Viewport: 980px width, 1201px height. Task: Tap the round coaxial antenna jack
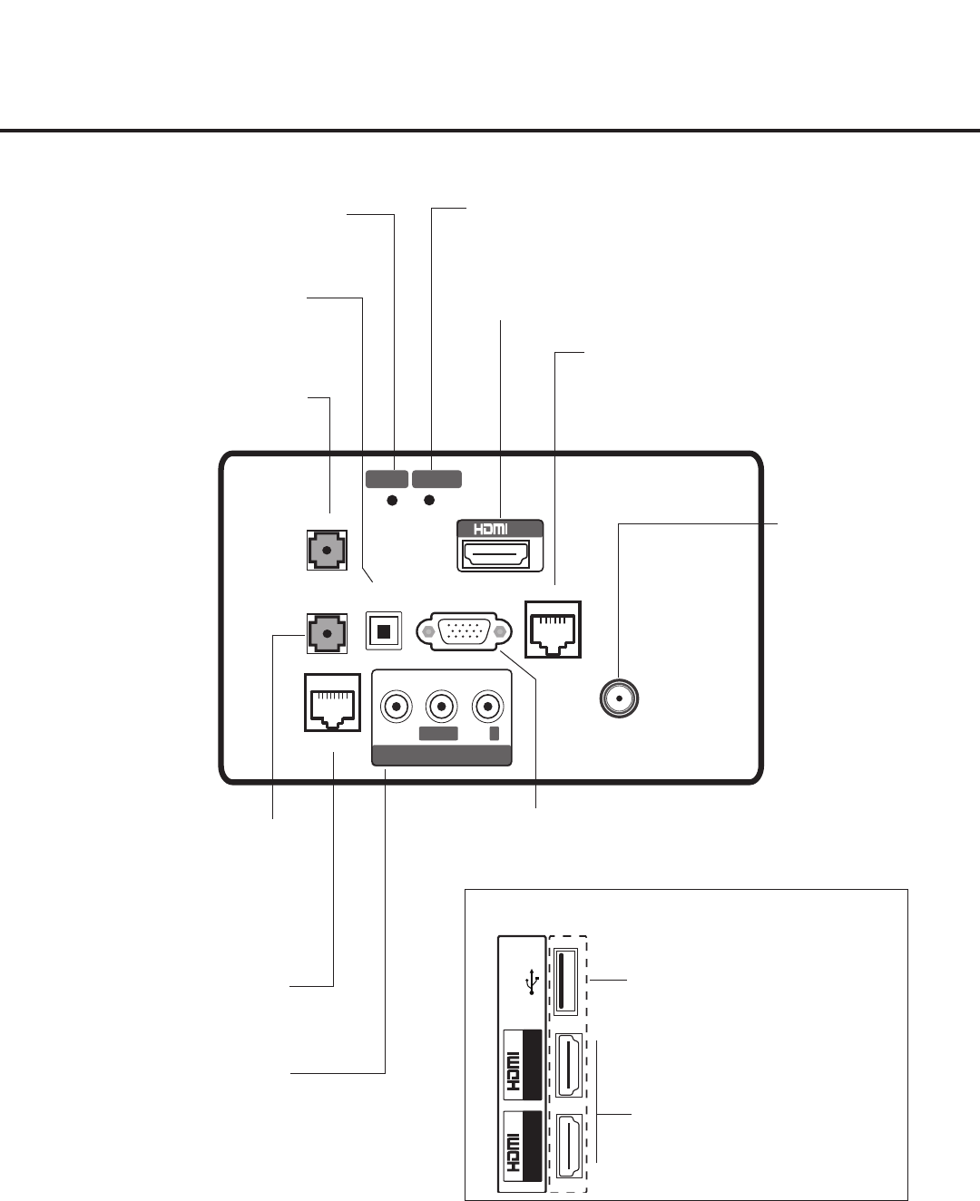click(620, 699)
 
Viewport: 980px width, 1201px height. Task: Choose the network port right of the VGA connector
click(554, 630)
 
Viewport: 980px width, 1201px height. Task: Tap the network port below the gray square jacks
click(333, 702)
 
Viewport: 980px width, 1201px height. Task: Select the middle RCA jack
click(441, 704)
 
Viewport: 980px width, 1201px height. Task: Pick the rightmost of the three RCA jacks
click(489, 704)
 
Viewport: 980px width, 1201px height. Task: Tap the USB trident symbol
click(532, 982)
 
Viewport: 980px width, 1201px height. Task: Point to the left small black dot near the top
click(393, 501)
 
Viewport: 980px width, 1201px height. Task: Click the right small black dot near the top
click(430, 501)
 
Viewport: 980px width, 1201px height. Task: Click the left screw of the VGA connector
click(427, 631)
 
